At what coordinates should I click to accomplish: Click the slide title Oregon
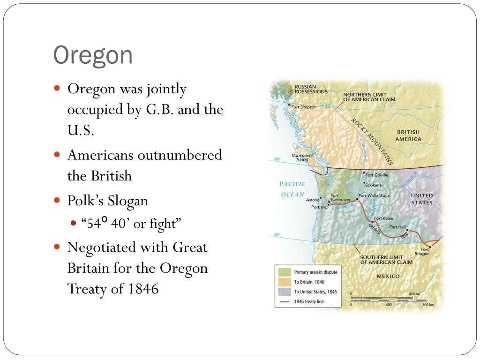tap(93, 56)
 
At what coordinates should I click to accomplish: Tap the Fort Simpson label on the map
tap(304, 107)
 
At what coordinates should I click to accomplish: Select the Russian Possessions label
tap(311, 89)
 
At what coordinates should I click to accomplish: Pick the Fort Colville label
tap(377, 175)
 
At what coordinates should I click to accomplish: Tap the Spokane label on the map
tap(374, 185)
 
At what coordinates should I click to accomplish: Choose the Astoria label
tap(313, 200)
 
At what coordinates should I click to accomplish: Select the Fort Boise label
tap(383, 218)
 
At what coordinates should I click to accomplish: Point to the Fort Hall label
tap(398, 227)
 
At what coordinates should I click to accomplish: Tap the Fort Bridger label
tap(421, 252)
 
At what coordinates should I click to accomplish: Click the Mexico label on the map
tap(388, 276)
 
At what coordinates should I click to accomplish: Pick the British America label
tap(408, 135)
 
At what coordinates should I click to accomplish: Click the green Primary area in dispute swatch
tap(284, 272)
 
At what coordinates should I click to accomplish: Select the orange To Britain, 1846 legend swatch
tap(284, 282)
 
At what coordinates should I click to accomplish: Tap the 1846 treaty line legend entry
tap(308, 301)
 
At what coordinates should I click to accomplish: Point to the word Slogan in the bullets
tap(128, 201)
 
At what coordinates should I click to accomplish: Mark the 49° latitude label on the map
tap(277, 160)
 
